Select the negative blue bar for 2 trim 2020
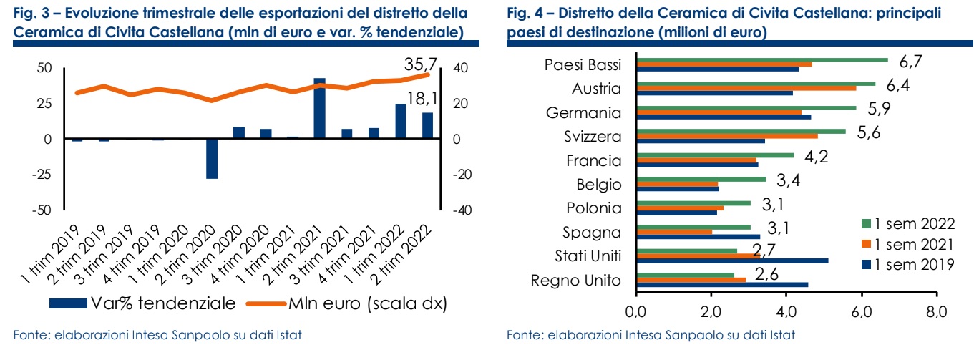(x=212, y=158)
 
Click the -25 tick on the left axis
(x=41, y=175)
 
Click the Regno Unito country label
(x=575, y=281)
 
